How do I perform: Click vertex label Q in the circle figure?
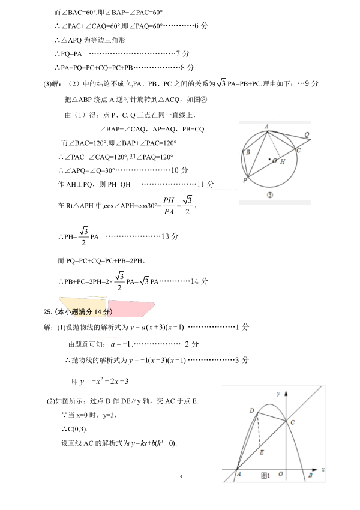[x=307, y=134]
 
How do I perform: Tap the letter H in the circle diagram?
[x=283, y=161]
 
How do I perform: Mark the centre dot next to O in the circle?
[x=269, y=159]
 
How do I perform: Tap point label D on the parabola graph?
[x=252, y=410]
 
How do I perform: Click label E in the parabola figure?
[x=262, y=452]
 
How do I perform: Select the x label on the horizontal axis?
[x=323, y=468]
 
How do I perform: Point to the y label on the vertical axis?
[x=279, y=392]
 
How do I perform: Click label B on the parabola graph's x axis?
[x=310, y=475]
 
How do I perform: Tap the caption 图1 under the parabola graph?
[x=266, y=476]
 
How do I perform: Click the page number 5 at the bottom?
[x=180, y=478]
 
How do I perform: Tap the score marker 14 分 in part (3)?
[x=199, y=281]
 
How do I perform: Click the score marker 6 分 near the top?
[x=202, y=26]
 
